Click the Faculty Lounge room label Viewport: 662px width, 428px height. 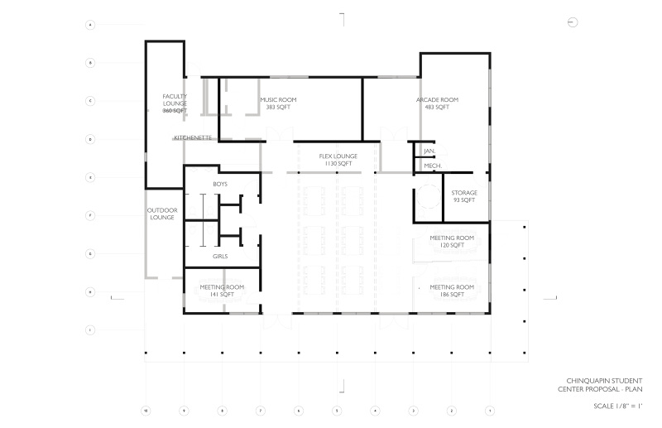pos(175,103)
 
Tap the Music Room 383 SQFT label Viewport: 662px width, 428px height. pos(278,103)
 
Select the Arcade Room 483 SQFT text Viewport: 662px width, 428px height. pos(437,103)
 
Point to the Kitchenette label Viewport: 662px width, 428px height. pos(193,137)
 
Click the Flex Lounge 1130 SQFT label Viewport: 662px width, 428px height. pos(338,160)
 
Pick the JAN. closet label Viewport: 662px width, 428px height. pos(429,151)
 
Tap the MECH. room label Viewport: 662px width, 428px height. pos(432,166)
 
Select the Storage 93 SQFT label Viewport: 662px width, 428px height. pos(463,196)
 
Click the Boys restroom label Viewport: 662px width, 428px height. pos(220,183)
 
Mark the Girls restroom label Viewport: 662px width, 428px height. pos(220,257)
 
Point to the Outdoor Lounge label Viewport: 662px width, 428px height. pos(161,214)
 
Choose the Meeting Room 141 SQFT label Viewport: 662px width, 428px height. pos(219,291)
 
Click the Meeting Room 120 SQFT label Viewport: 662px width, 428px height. pos(452,242)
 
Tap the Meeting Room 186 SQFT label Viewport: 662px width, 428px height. pos(452,291)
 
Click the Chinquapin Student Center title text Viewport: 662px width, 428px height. pos(599,385)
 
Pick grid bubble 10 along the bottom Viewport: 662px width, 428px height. pos(146,410)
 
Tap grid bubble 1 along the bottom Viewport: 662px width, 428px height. pos(490,410)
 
